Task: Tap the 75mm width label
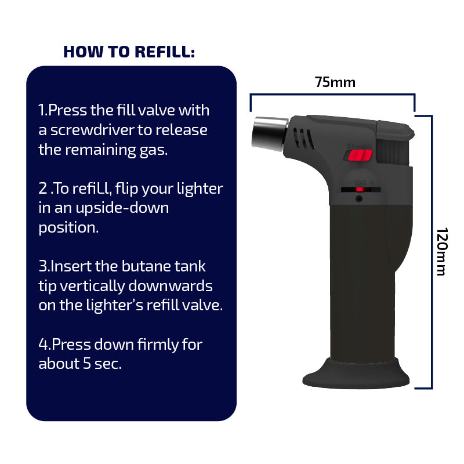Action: (x=335, y=82)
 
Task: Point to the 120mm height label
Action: (x=442, y=252)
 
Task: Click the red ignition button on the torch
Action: (x=360, y=155)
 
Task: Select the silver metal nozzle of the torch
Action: (x=269, y=133)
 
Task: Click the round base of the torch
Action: (x=356, y=374)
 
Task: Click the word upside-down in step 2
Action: (x=122, y=208)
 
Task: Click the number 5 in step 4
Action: (x=86, y=364)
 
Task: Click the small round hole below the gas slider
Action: (x=359, y=198)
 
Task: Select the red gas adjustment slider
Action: (x=360, y=190)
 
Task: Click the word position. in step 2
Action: (x=68, y=228)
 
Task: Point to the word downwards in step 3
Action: (x=171, y=286)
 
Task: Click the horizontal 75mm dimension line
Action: (x=332, y=95)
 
